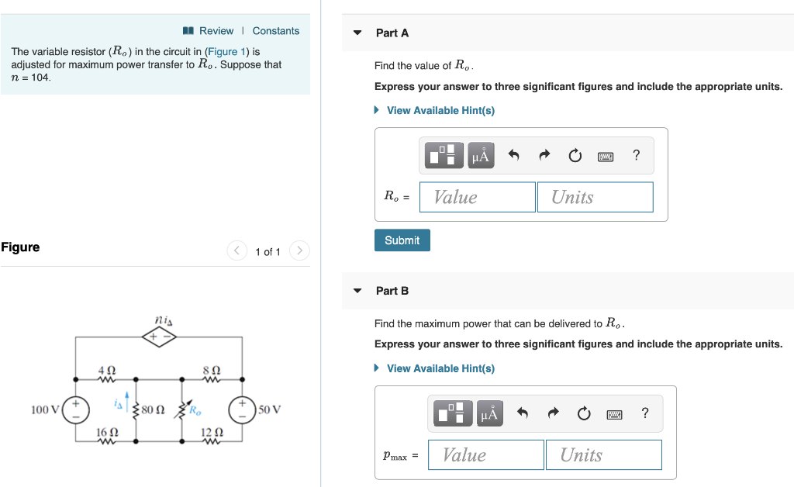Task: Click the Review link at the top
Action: (x=216, y=31)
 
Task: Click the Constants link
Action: (x=275, y=31)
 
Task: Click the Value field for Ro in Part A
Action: (x=478, y=197)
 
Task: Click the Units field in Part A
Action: (x=595, y=197)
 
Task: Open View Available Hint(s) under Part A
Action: (x=440, y=110)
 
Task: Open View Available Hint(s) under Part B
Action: (x=440, y=368)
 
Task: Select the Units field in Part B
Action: (x=603, y=455)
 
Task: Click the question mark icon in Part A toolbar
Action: (x=637, y=155)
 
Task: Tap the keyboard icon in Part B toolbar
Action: (x=614, y=413)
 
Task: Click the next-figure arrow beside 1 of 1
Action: (x=299, y=250)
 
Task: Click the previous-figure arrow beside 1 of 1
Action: (x=236, y=250)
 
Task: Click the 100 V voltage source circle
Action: (x=76, y=409)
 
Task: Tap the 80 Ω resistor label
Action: (x=153, y=409)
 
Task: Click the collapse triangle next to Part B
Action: (x=357, y=291)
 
